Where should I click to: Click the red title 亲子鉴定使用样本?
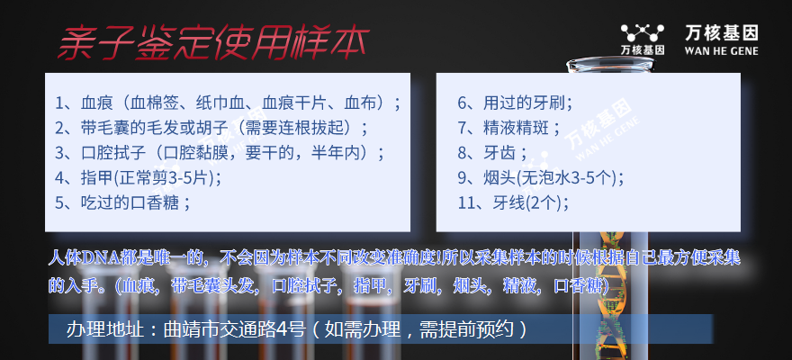coord(213,43)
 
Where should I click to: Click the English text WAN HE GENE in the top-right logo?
coord(721,51)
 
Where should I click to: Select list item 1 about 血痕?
coord(228,103)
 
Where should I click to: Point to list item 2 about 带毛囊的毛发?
coord(211,128)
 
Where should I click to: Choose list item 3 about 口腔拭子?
coord(220,153)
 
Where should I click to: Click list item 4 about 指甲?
coord(138,177)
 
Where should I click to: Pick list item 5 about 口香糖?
coord(122,202)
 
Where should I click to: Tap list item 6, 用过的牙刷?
coord(515,103)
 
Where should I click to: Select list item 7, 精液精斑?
coord(509,128)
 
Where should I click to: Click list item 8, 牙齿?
coord(492,153)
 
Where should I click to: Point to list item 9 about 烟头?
coord(541,177)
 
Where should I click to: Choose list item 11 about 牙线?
coord(513,202)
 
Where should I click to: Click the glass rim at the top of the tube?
coord(610,64)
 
